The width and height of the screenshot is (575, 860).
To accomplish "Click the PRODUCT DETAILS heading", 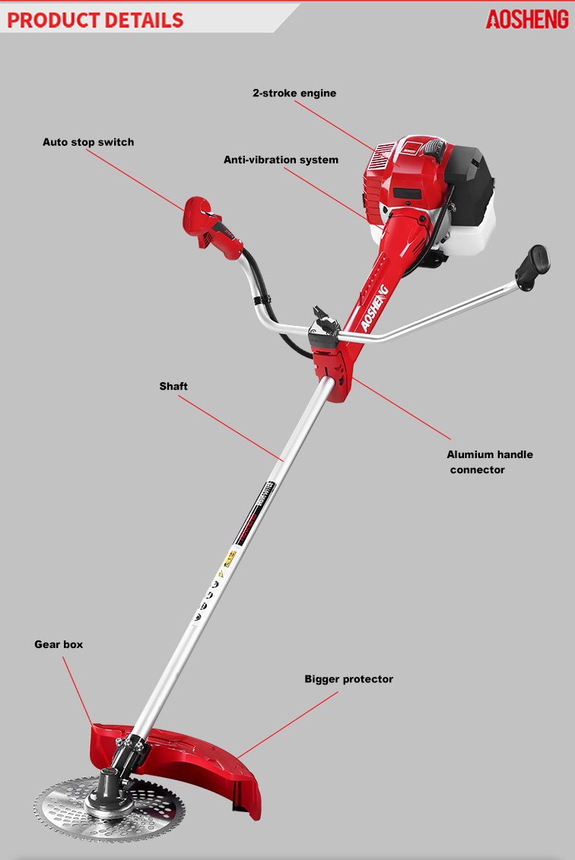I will pos(96,19).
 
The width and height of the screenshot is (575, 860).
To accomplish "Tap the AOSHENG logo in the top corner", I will pos(526,19).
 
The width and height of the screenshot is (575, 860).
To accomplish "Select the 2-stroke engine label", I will pos(294,93).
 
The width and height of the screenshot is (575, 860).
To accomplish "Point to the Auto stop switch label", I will pos(88,142).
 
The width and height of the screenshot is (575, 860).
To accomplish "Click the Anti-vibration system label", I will pos(281,160).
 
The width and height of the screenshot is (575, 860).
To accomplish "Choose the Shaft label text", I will pos(173,386).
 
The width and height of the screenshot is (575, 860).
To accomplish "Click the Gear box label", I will pos(59,644).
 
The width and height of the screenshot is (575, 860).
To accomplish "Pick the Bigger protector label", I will pos(348,678).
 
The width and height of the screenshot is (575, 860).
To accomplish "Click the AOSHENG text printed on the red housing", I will pos(375,308).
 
